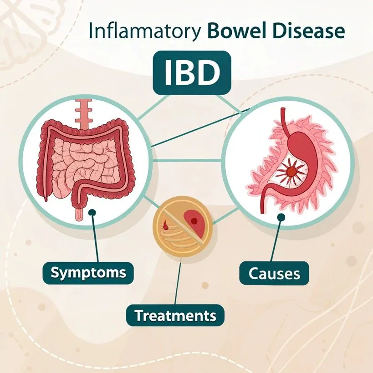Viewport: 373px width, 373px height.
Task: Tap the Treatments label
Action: pyautogui.click(x=175, y=315)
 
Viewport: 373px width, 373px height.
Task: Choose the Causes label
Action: pyautogui.click(x=275, y=273)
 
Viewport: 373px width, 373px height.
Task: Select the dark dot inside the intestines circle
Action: pyautogui.click(x=92, y=212)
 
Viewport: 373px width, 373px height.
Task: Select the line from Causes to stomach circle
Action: pyautogui.click(x=279, y=241)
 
